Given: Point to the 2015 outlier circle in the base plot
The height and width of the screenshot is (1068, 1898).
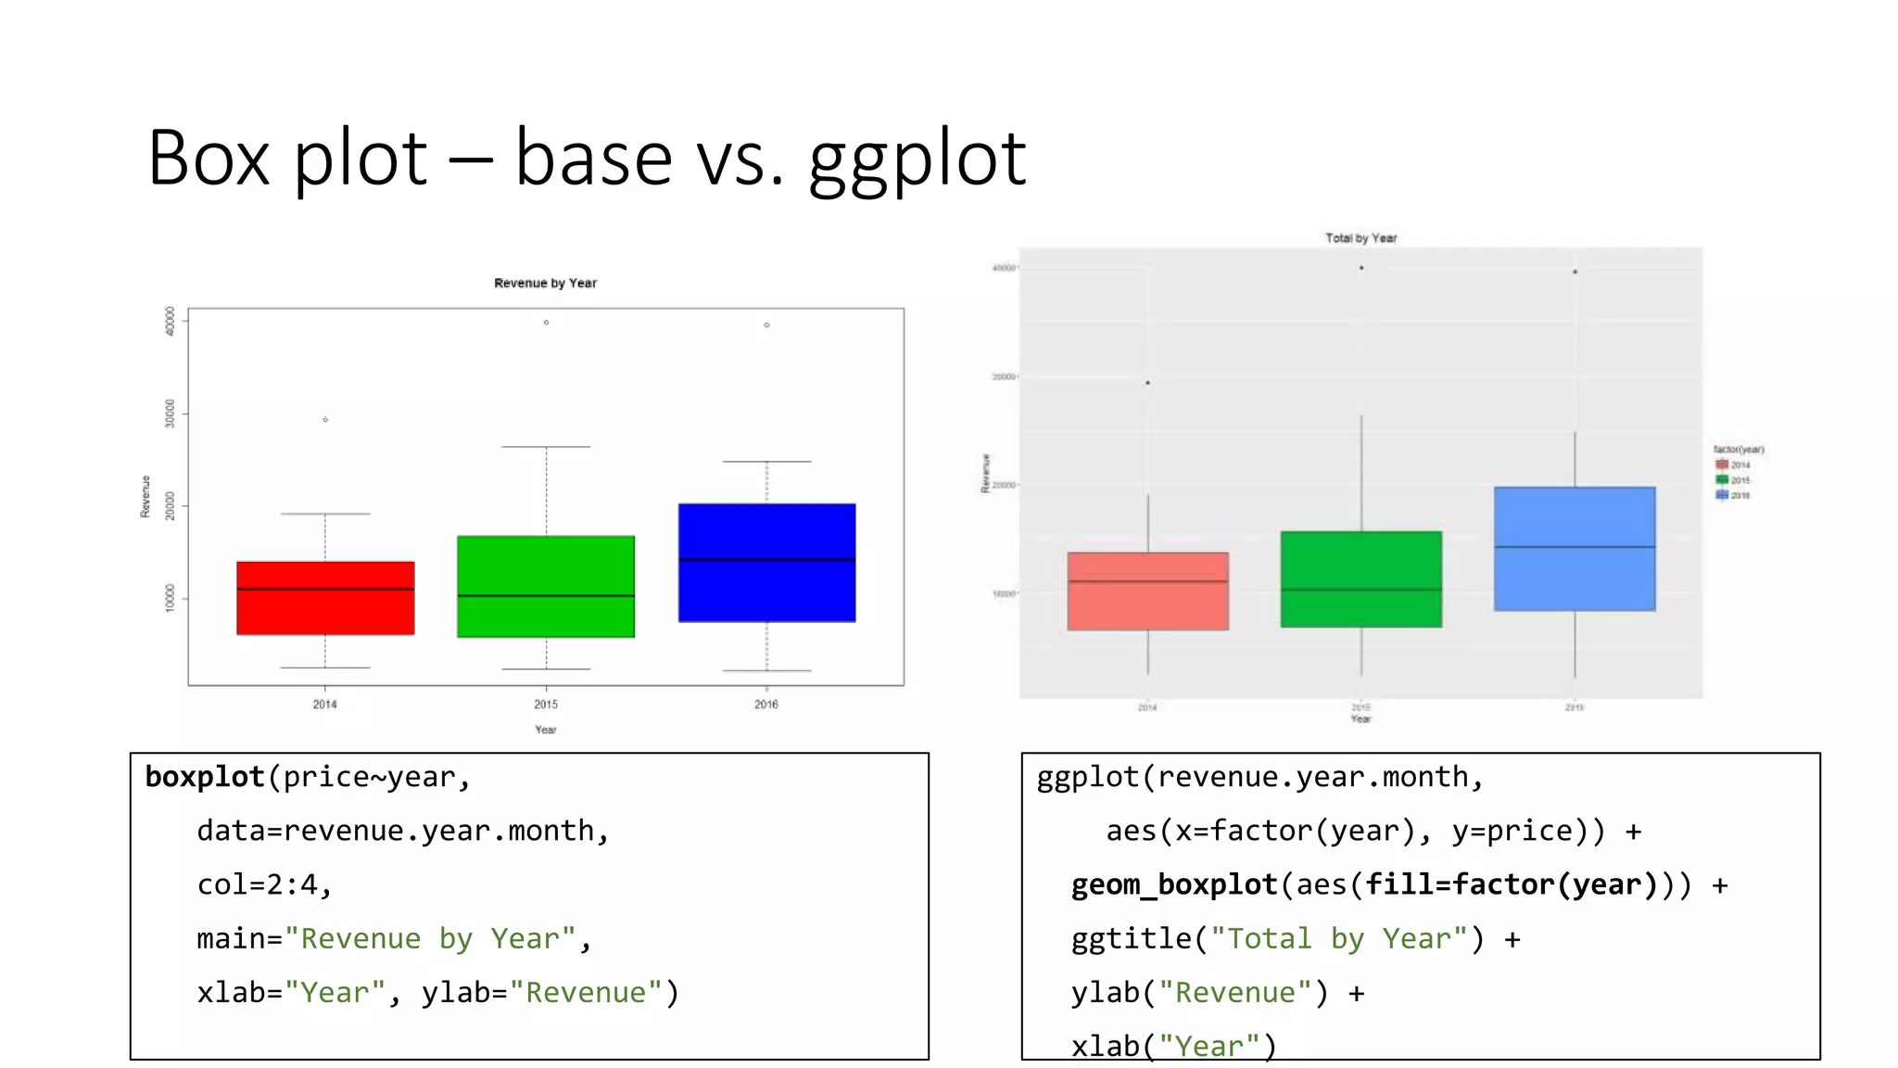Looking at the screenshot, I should [546, 323].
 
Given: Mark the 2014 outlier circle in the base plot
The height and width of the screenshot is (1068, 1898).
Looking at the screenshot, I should [325, 420].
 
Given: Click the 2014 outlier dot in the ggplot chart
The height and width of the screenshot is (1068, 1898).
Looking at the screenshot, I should [1147, 383].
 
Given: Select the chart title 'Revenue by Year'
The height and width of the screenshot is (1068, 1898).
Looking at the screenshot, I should [545, 283].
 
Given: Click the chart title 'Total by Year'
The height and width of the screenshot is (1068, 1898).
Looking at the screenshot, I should [1360, 238].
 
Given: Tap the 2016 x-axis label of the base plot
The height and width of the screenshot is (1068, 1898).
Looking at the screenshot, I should [766, 705].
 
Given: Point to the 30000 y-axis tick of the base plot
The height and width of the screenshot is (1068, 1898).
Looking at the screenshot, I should [170, 413].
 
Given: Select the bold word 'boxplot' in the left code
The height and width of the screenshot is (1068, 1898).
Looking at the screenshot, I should [205, 777].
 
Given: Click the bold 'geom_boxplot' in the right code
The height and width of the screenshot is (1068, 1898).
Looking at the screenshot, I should [1174, 884].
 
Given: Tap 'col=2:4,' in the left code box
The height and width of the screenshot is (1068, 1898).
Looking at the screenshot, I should [264, 884].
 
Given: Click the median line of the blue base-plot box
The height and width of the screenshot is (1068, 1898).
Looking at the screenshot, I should [766, 560].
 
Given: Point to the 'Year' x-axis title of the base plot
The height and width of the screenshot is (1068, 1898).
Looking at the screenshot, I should [545, 730].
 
